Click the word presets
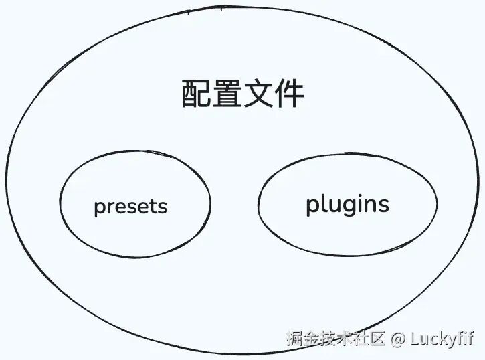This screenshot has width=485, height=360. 130,206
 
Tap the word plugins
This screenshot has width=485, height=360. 347,205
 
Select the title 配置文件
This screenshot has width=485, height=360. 243,94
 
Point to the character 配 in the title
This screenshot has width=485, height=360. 197,94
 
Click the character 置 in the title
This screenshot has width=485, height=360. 227,94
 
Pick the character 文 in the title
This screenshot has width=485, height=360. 258,94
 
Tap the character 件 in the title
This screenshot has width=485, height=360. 290,94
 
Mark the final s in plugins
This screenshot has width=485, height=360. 383,205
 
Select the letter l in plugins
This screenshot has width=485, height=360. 322,203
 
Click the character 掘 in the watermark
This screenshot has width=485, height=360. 295,339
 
